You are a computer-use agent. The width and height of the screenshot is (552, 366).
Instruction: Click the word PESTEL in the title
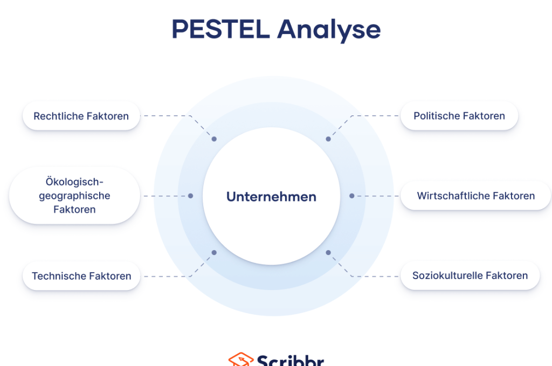point(220,29)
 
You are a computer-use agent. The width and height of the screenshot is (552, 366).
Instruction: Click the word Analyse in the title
point(329,30)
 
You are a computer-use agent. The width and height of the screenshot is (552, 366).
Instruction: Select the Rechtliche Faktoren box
point(81,116)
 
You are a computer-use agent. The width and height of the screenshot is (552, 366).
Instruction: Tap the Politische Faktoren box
point(459,116)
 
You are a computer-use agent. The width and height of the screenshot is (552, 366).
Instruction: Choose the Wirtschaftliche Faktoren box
point(475,196)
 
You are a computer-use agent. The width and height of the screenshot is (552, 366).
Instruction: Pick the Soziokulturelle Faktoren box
point(470,275)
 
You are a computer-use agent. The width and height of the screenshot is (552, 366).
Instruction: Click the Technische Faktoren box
point(81,276)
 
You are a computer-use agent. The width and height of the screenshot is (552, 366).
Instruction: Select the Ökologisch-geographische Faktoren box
point(74,196)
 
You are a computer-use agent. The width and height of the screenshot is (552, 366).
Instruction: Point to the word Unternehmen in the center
point(271,197)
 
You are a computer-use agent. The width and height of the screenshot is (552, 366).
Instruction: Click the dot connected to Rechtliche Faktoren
point(214,139)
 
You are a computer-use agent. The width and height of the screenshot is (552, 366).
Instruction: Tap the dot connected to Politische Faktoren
point(328,139)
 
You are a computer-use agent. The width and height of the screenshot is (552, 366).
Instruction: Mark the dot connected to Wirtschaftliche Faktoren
point(351,196)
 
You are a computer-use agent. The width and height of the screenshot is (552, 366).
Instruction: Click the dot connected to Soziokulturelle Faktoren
point(328,252)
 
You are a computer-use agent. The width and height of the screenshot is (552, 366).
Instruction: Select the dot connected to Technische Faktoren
point(214,252)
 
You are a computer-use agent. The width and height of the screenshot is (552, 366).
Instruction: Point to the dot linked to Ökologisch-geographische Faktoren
point(191,196)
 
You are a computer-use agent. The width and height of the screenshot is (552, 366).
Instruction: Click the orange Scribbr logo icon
point(239,360)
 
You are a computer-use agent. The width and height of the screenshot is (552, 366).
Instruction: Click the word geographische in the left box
point(74,196)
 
